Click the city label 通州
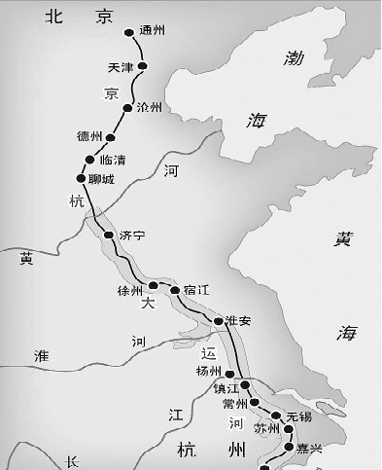tap(153, 31)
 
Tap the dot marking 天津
tap(143, 66)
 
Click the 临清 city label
tap(111, 161)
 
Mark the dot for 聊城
tap(81, 176)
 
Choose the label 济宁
tap(131, 236)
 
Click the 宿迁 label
tap(195, 290)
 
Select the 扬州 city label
tap(209, 371)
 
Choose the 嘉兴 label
tap(310, 450)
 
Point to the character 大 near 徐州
tap(148, 304)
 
